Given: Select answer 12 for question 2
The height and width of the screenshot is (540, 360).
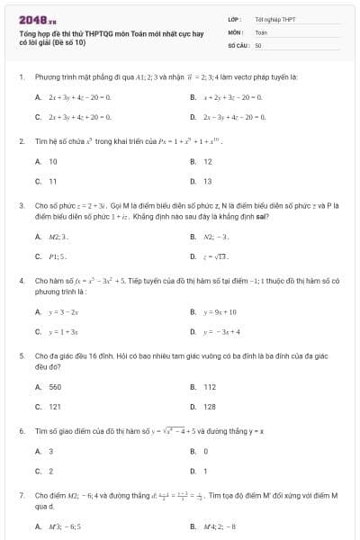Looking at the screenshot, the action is (208, 161).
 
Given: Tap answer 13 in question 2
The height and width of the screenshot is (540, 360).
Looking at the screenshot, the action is (208, 181).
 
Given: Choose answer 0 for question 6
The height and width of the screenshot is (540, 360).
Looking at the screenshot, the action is (206, 451).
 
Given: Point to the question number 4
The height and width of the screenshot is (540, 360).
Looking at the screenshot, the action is (21, 281).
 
